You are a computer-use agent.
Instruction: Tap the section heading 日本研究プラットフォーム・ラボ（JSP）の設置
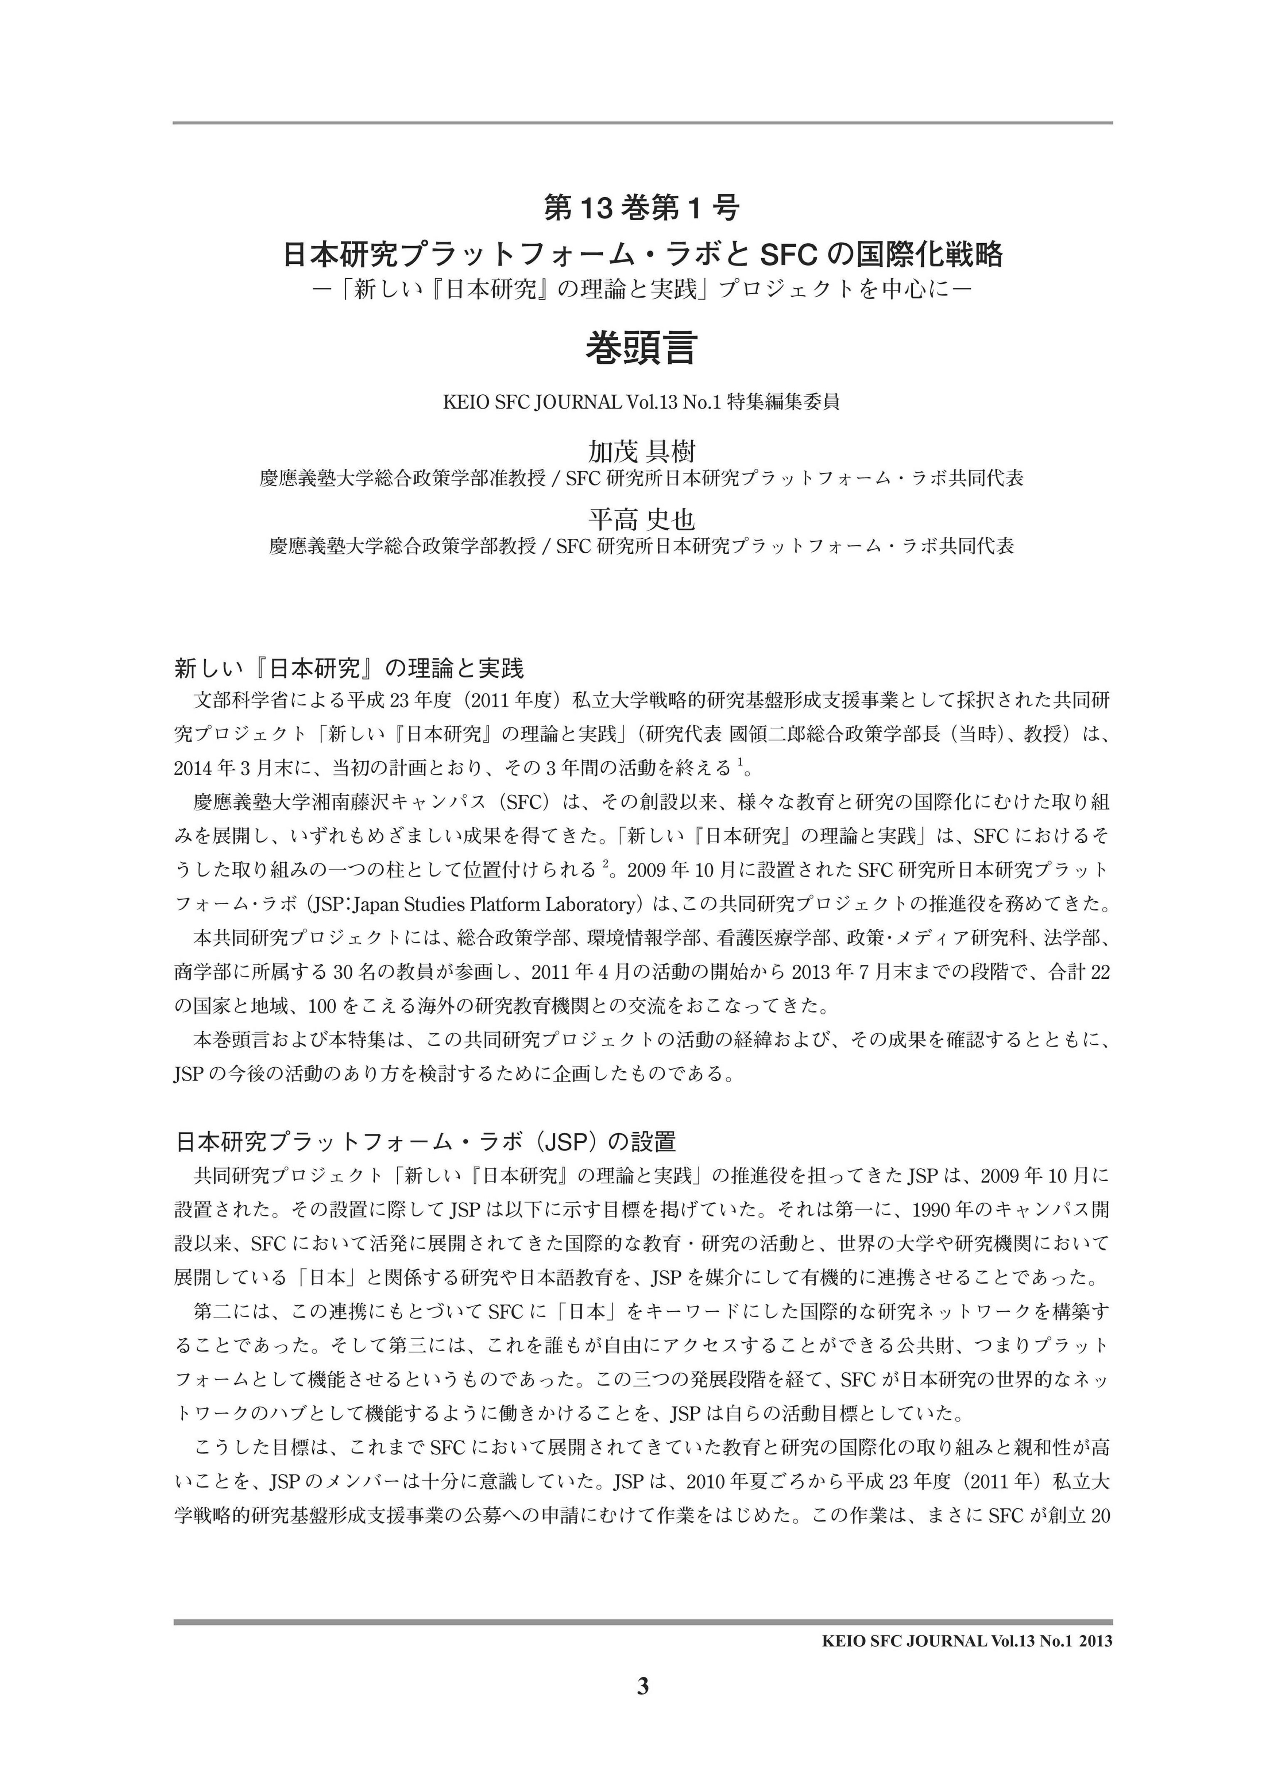tap(426, 1142)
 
